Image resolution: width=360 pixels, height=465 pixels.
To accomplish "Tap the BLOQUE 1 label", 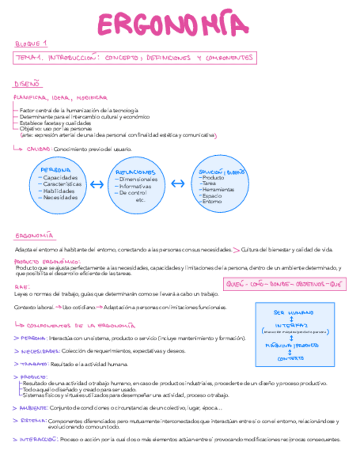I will pyautogui.click(x=31, y=43).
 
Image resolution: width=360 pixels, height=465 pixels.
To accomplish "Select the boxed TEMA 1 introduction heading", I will pyautogui.click(x=134, y=58).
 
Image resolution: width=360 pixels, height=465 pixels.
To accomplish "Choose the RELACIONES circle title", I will pyautogui.click(x=135, y=172).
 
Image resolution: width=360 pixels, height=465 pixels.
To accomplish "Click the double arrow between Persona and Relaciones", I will pyautogui.click(x=96, y=185).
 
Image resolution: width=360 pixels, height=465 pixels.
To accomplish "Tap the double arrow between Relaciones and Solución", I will pyautogui.click(x=177, y=184).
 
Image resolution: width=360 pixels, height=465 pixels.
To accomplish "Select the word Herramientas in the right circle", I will pyautogui.click(x=218, y=189).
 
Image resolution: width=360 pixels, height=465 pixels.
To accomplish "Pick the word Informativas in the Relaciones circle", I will pyautogui.click(x=135, y=186).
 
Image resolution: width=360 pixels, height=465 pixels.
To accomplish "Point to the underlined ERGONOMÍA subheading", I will pyautogui.click(x=34, y=236).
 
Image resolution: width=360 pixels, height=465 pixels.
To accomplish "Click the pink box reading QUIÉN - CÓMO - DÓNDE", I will pyautogui.click(x=284, y=285).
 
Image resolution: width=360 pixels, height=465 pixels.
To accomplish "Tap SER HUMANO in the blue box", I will pyautogui.click(x=294, y=313).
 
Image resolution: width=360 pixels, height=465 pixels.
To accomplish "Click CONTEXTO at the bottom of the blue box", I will pyautogui.click(x=291, y=358).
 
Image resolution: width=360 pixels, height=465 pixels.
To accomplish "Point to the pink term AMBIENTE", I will pyautogui.click(x=32, y=407).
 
